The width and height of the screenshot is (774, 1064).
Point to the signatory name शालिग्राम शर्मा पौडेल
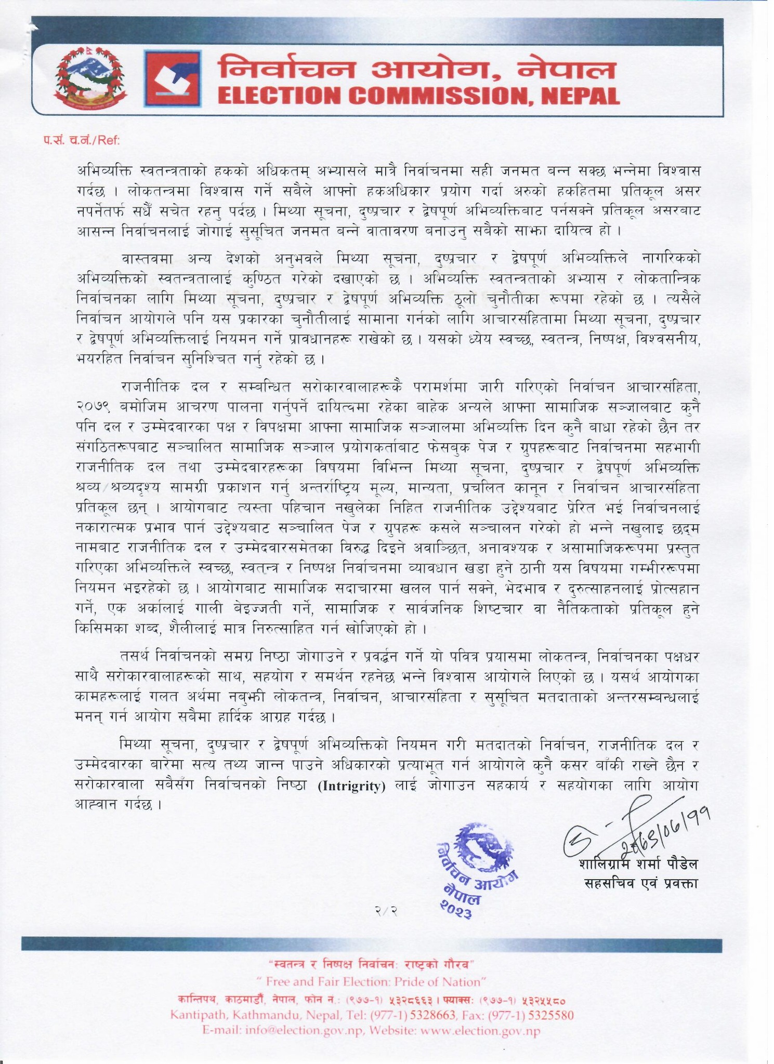(638, 864)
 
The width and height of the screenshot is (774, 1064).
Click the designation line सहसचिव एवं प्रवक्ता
(640, 883)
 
